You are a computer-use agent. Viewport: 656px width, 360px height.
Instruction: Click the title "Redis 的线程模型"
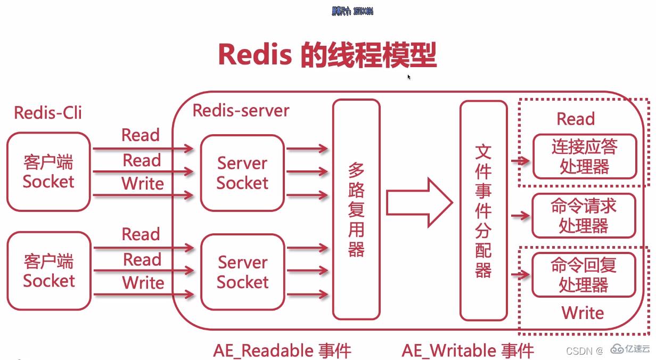pos(327,54)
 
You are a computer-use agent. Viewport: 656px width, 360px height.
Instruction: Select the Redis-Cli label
pos(48,113)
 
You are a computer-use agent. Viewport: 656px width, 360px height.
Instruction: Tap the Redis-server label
pos(241,110)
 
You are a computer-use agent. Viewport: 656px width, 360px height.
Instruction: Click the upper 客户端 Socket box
pos(48,171)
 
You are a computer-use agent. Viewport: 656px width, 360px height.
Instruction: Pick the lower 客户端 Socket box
pos(48,271)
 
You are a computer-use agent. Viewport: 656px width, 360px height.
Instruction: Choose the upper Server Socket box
pos(242,173)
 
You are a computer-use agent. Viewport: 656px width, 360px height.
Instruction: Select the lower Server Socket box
pos(242,272)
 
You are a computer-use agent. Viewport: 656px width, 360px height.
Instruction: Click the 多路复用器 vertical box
pos(356,209)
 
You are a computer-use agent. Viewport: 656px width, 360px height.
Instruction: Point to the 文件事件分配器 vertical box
pos(483,210)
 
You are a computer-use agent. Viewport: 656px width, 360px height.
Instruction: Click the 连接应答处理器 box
pos(584,157)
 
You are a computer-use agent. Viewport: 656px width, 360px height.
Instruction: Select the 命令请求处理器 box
pos(584,216)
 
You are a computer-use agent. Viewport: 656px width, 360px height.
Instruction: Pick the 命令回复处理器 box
pos(584,275)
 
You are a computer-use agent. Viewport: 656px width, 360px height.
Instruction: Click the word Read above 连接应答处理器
pos(576,119)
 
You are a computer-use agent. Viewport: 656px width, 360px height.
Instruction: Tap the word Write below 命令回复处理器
pos(583,313)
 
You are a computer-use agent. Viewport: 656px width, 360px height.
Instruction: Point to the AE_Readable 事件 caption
pos(282,351)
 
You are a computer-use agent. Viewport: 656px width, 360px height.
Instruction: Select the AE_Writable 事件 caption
pos(468,351)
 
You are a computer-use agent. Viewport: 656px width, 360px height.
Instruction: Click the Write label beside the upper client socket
pos(143,184)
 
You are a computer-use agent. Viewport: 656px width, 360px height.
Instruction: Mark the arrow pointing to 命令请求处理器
pos(520,216)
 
